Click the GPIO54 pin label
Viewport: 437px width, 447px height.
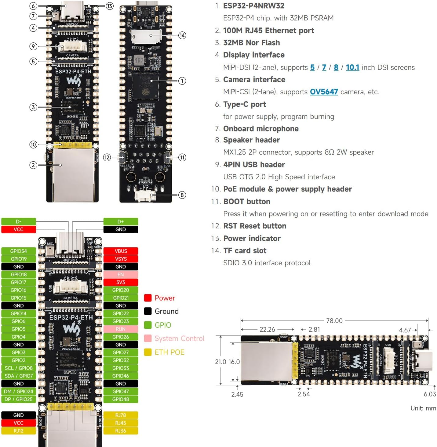(19, 251)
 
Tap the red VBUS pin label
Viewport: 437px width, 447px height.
(121, 251)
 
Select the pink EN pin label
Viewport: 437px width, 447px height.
(121, 274)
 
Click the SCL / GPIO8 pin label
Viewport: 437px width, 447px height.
(19, 368)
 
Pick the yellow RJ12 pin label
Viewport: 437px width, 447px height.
(19, 431)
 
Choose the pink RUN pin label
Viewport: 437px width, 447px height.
(121, 329)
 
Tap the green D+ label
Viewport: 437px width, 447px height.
(121, 222)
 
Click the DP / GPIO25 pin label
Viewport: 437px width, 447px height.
(19, 399)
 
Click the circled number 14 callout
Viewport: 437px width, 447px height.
(182, 35)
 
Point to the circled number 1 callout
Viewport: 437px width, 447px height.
(182, 81)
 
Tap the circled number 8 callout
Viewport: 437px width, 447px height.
(182, 195)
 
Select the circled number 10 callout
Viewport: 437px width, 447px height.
(33, 145)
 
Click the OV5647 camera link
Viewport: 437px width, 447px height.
(324, 92)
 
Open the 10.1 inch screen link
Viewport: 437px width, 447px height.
(352, 67)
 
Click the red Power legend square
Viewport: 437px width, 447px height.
(148, 298)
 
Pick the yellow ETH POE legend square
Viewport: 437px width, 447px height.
(148, 352)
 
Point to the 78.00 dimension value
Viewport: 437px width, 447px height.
(334, 321)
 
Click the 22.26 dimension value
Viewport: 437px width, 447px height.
(267, 329)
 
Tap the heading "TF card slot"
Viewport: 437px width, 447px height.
(245, 251)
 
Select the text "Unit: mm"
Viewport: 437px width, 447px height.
(423, 408)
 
